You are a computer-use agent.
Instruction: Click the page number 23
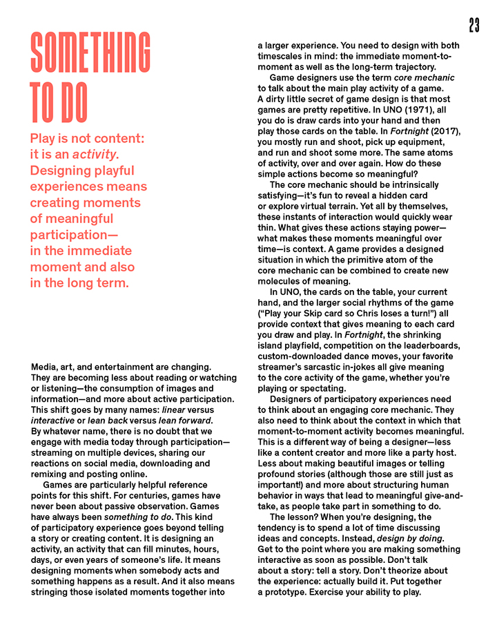(x=474, y=26)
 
